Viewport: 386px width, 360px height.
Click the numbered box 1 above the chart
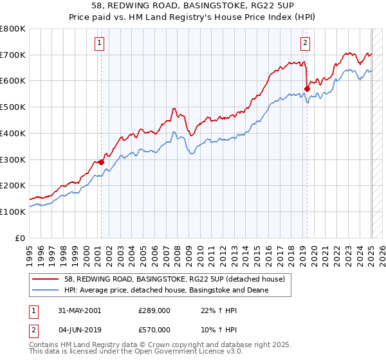click(100, 44)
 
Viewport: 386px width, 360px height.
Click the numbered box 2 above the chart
click(305, 44)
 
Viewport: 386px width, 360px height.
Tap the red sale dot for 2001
click(101, 162)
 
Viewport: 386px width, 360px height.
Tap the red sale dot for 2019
click(307, 89)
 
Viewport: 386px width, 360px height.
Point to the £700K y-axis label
click(13, 55)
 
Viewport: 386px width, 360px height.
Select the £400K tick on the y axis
click(13, 133)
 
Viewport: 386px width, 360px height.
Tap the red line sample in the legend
click(46, 278)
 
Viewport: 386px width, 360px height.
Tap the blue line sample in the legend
click(46, 290)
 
